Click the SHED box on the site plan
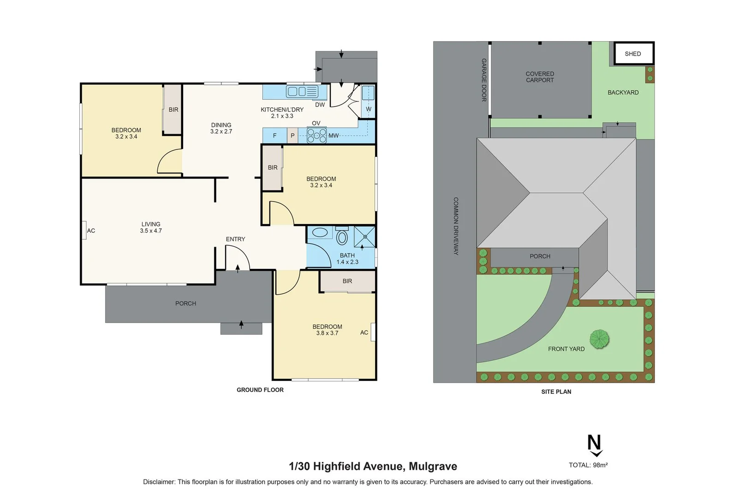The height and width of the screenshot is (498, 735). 633,53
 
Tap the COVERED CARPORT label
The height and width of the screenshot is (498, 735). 540,77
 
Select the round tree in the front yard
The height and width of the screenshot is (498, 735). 599,339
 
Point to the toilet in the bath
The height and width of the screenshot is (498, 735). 342,237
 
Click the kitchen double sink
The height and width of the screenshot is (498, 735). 302,91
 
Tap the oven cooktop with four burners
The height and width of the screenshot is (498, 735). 317,136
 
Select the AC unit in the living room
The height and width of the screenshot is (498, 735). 84,231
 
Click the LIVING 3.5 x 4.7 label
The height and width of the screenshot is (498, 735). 151,227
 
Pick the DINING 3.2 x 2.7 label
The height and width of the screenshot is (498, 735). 221,128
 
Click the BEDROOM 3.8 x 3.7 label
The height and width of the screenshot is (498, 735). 327,330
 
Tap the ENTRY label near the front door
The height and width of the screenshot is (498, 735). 235,239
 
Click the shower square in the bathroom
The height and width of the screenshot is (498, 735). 365,237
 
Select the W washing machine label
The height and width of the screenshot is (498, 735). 368,109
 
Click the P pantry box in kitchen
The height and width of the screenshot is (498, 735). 293,136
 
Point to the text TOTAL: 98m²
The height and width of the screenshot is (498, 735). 588,465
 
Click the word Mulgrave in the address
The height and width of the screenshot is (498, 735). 433,466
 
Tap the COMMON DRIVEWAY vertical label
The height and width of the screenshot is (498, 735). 456,226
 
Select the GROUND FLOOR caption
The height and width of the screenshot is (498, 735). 260,390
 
